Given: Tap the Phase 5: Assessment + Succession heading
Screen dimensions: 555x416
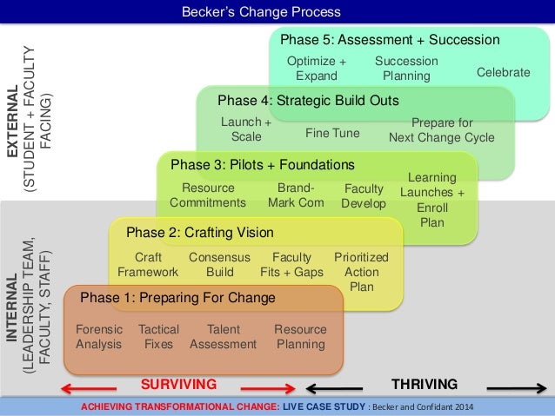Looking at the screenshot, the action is (389, 40).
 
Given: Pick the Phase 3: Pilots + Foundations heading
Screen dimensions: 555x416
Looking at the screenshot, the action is (262, 164).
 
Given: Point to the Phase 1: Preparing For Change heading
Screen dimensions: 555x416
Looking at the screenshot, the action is (177, 298).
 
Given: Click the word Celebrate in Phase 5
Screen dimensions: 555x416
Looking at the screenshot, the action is (503, 73).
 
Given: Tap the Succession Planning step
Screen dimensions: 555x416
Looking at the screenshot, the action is (406, 69).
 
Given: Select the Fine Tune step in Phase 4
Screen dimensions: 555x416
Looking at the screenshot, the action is (332, 134).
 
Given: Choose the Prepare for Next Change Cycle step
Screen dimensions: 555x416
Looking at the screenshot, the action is (442, 130).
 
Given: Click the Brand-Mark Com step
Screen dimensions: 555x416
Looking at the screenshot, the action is (296, 195).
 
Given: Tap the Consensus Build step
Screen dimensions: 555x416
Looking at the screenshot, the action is (220, 265).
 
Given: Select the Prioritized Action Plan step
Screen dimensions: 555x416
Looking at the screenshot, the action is (361, 272).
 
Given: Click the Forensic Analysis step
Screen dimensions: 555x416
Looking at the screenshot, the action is (99, 337).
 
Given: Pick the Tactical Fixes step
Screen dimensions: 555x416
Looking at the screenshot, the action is (158, 337).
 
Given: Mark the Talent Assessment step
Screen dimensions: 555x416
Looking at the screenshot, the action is (223, 337).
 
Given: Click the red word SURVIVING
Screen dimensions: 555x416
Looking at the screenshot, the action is (178, 383).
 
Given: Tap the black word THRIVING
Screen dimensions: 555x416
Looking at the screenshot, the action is (425, 383).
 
